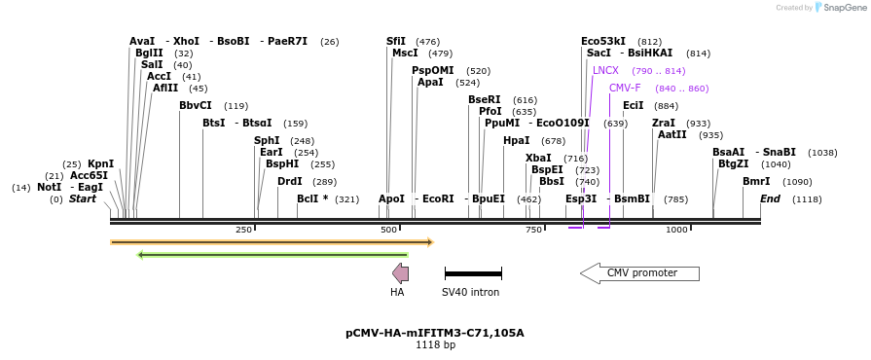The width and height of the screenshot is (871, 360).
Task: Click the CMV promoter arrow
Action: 639,273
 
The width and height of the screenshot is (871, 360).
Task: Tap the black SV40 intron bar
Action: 473,274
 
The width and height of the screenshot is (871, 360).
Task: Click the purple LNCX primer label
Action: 605,71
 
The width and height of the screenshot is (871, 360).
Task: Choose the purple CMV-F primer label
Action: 625,89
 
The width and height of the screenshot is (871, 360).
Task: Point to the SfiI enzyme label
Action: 396,42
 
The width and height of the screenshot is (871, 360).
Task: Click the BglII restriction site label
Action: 149,54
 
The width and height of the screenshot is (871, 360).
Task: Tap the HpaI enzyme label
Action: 517,141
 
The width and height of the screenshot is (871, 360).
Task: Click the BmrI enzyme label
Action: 756,182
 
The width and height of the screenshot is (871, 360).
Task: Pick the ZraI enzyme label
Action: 664,124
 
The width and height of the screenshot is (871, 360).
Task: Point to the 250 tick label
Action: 243,230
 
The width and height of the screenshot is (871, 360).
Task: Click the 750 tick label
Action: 533,230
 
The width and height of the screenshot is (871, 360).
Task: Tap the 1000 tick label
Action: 676,230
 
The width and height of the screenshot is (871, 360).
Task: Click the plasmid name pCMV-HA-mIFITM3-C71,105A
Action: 435,333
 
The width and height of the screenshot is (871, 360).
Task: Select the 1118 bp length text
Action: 435,345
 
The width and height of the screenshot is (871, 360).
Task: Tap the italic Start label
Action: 83,199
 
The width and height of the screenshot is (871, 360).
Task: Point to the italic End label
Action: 770,199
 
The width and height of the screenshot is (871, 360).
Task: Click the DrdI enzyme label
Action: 290,182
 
